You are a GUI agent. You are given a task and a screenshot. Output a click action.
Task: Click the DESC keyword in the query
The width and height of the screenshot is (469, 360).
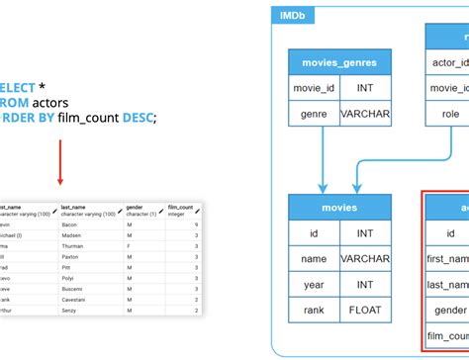coord(139,118)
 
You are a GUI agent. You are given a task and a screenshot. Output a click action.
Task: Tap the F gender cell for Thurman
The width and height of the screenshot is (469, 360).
coord(129,247)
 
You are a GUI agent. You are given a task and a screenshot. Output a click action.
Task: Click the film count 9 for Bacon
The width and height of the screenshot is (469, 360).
coord(197,226)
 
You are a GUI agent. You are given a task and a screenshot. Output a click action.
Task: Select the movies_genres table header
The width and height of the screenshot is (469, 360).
coord(340,63)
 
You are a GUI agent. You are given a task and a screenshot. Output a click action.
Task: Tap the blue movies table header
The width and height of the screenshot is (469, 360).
coord(340,209)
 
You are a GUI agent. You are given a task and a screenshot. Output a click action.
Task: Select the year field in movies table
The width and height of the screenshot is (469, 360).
coord(314,285)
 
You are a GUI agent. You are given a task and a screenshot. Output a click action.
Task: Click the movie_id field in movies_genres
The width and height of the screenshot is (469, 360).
coord(314,89)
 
